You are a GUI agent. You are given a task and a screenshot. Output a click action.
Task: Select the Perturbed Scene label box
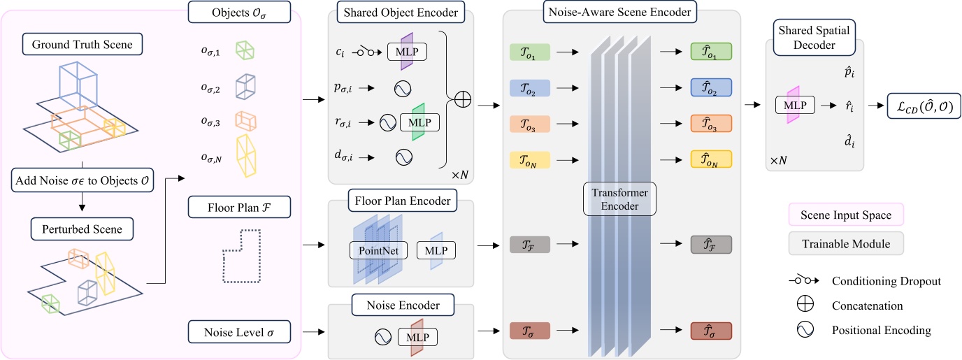click(82, 229)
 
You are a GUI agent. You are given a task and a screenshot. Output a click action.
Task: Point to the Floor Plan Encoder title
click(401, 202)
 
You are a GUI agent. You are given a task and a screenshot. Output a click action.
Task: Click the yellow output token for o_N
click(710, 160)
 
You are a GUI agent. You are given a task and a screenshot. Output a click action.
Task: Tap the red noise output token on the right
click(710, 331)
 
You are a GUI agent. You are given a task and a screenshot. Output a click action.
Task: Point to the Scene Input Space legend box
click(845, 215)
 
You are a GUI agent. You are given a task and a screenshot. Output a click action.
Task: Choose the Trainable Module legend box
click(845, 243)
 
